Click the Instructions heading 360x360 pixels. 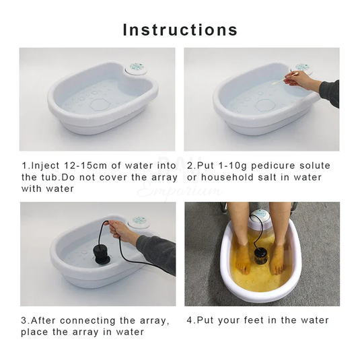(180, 30)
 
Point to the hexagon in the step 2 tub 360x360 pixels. (265, 106)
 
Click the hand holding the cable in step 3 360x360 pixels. (124, 232)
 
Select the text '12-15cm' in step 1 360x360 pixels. (75, 166)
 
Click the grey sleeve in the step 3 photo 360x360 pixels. (156, 252)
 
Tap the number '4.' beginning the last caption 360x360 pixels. (191, 320)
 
